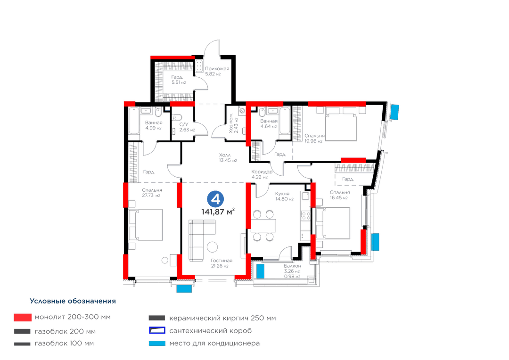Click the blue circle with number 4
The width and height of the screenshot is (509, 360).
tap(215, 199)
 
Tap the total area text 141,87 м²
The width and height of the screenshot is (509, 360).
tap(218, 212)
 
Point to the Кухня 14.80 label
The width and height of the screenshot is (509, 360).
tap(284, 196)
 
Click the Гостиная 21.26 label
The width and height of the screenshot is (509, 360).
tap(222, 263)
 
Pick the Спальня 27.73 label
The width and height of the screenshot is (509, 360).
tap(152, 193)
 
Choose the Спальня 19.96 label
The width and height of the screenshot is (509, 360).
tap(314, 138)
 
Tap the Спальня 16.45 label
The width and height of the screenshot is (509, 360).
tap(339, 195)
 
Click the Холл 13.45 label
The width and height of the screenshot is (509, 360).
tap(228, 157)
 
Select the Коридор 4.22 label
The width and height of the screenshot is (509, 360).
tap(262, 174)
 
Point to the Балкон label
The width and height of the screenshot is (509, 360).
tap(292, 266)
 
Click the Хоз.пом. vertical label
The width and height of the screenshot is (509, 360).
tap(233, 123)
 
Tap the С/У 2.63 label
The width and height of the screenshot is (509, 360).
tap(187, 127)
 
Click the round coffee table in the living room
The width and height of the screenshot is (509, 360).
tap(212, 247)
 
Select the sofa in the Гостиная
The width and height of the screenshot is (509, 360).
tap(202, 240)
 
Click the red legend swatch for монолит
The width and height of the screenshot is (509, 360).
tap(23, 317)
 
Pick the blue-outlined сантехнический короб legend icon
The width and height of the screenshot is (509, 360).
tap(157, 331)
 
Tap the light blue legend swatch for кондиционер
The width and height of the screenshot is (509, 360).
tap(157, 343)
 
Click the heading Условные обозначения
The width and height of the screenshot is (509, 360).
tap(73, 301)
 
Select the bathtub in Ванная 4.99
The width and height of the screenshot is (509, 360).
tap(134, 121)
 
